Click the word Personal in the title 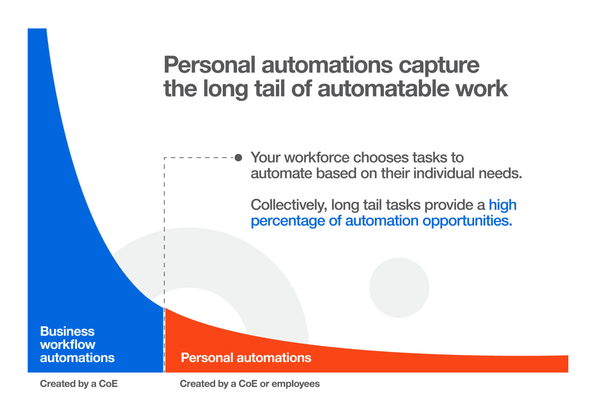point(209,65)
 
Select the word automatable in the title point(383,88)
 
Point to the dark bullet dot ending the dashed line point(238,158)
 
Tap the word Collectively point(289,205)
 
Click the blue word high point(503,205)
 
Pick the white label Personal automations point(246,358)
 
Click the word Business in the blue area point(67,331)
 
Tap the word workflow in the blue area point(68,344)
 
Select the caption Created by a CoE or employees point(249,384)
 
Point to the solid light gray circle point(399,288)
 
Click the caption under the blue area point(79,384)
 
